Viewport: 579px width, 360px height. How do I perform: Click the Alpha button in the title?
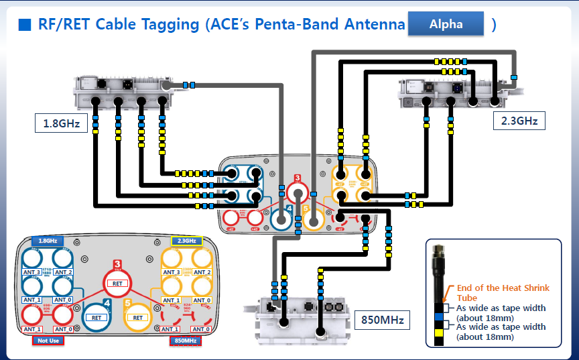(446, 24)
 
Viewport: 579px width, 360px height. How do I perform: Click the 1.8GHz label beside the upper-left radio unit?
(62, 123)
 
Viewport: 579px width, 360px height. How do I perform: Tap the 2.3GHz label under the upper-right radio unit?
(519, 121)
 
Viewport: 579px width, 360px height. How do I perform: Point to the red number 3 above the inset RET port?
(117, 265)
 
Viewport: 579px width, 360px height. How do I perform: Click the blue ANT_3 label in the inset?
(32, 272)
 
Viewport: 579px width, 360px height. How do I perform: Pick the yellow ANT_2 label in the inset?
(202, 272)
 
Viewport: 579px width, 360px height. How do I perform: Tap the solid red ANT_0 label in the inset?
(64, 329)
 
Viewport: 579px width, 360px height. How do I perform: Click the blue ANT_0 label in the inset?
(64, 300)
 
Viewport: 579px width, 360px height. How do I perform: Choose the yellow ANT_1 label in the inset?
(172, 300)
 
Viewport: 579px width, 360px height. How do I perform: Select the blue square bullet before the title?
(25, 25)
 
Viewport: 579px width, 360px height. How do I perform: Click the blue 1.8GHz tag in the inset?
(47, 241)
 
